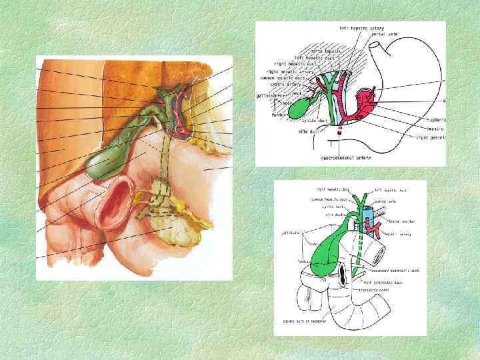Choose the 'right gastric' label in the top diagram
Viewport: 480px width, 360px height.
click(x=431, y=137)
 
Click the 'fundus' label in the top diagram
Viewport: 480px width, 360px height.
click(x=279, y=115)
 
